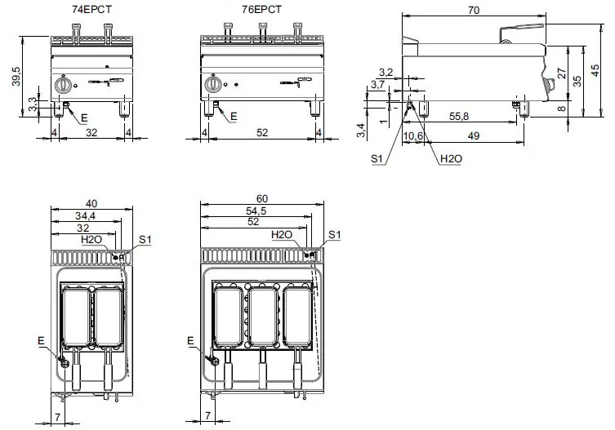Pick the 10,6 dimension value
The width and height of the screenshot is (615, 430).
[414, 135]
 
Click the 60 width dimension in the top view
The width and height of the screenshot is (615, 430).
[261, 199]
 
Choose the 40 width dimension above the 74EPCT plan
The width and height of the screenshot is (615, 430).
[91, 203]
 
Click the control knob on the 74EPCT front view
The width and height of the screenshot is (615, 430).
[63, 86]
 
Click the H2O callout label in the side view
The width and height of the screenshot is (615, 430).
[449, 158]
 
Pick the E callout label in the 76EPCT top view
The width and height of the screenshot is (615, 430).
[191, 339]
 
